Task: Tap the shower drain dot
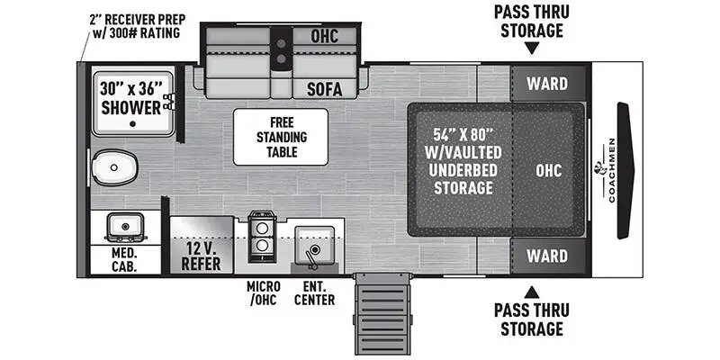pyautogui.click(x=132, y=123)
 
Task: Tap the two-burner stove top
pyautogui.click(x=261, y=234)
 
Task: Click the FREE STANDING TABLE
pyautogui.click(x=281, y=137)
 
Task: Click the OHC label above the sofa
pyautogui.click(x=324, y=38)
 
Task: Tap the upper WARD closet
pyautogui.click(x=547, y=84)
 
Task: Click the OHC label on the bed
pyautogui.click(x=549, y=169)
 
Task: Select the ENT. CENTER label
pyautogui.click(x=314, y=292)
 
